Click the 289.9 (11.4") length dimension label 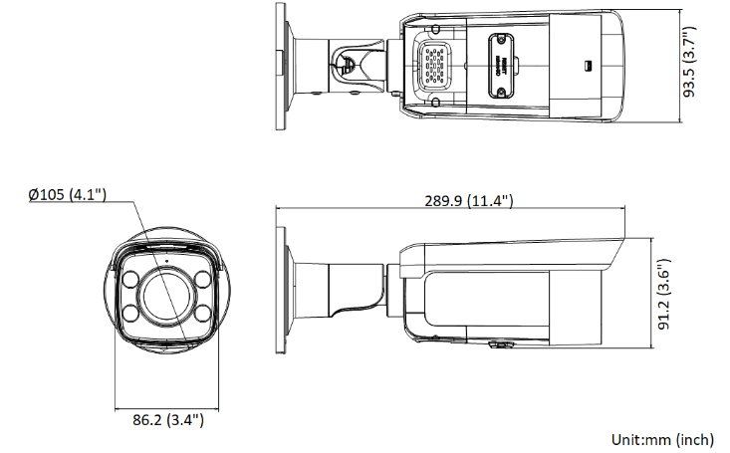coord(468,200)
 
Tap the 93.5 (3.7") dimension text coord(703,60)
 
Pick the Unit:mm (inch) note coord(662,439)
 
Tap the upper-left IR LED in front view coord(130,279)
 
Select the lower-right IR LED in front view coord(203,315)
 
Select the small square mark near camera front coord(587,67)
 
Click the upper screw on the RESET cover coord(500,42)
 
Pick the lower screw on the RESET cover coord(500,91)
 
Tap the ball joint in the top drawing coord(349,62)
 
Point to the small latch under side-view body coord(499,345)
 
